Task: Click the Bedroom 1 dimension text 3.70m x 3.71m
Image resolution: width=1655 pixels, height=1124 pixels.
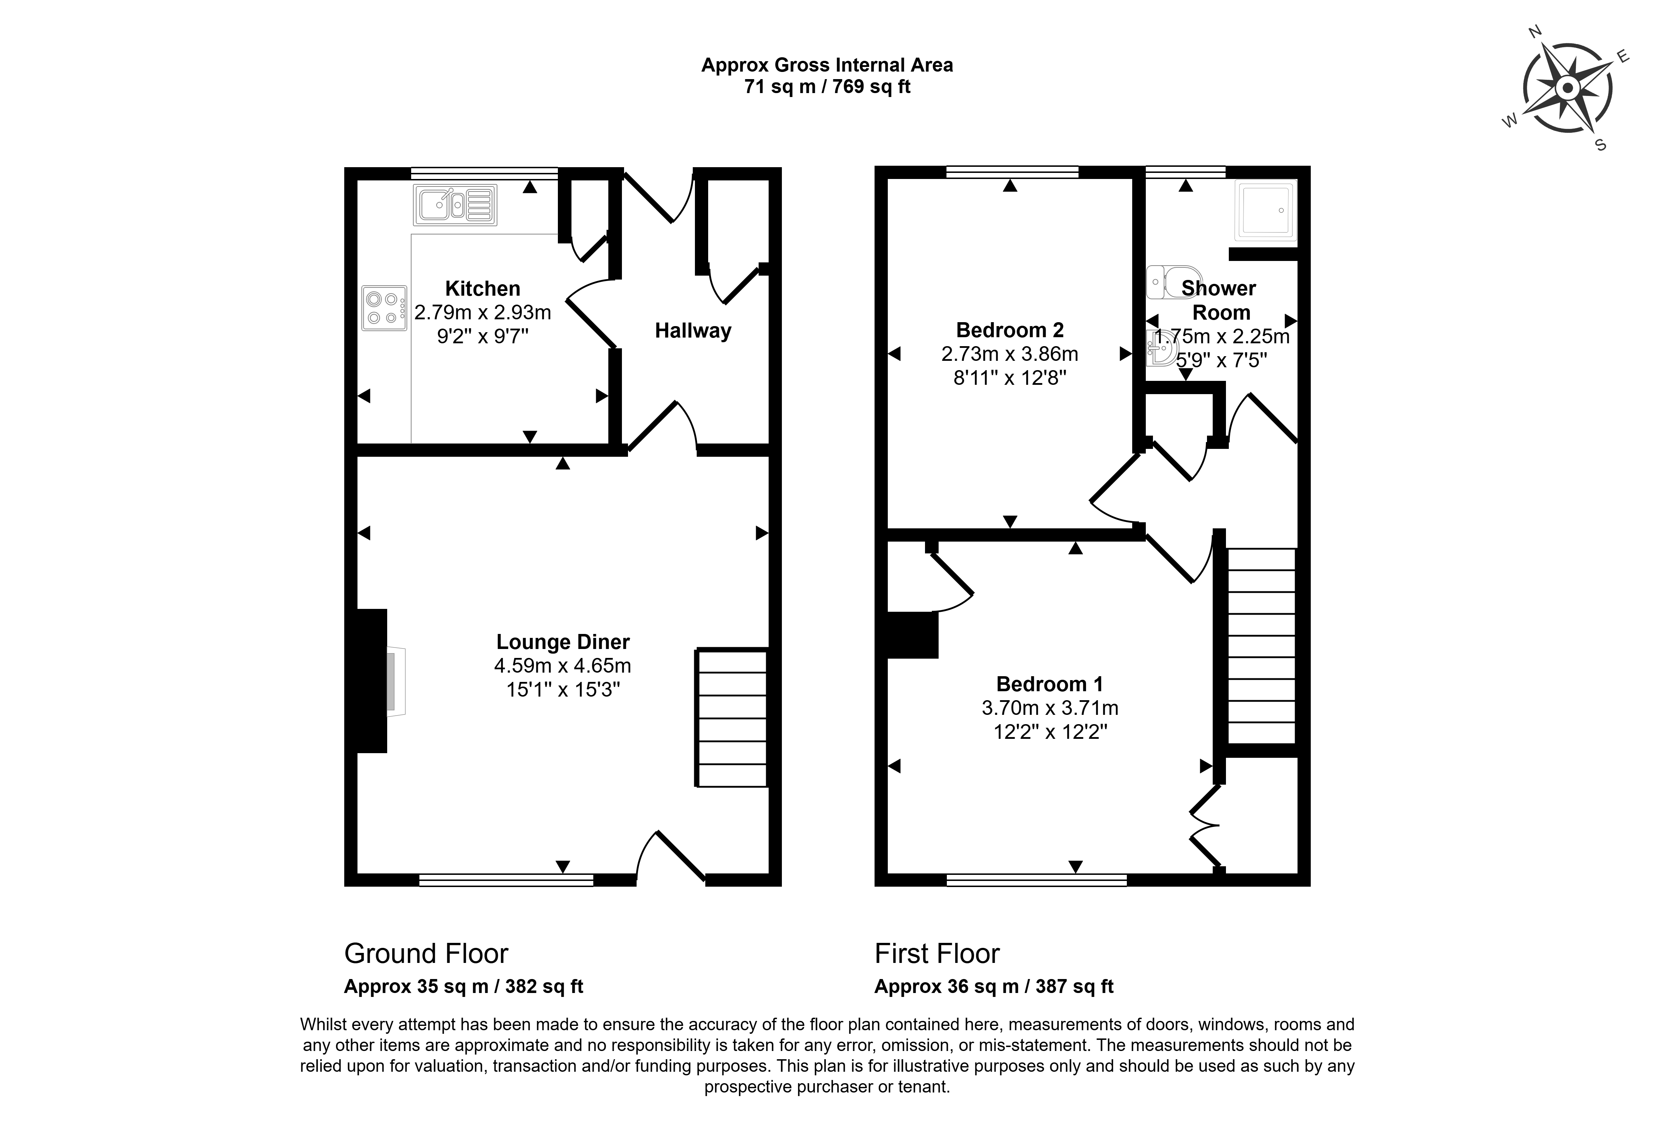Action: (1050, 708)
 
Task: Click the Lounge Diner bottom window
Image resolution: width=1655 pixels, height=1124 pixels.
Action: (506, 880)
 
